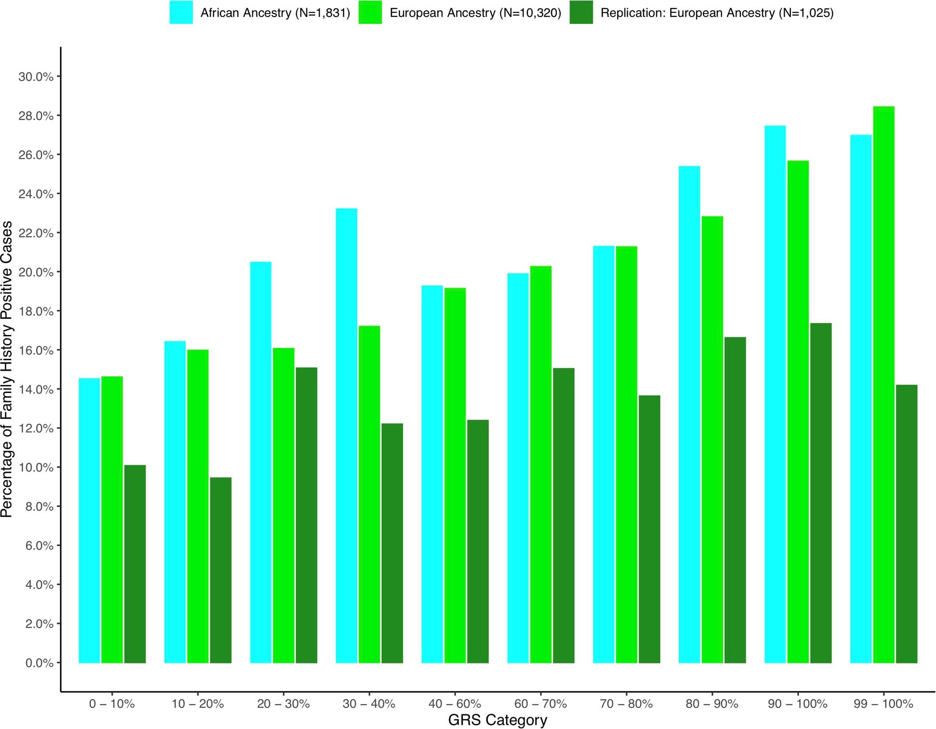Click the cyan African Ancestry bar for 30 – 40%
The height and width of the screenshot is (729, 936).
[346, 436]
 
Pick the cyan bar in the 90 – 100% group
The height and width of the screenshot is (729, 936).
[775, 394]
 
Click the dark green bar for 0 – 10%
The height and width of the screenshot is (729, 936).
[135, 564]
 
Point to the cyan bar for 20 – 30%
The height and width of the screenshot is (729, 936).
[261, 463]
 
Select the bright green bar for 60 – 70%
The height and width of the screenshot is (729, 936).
[541, 464]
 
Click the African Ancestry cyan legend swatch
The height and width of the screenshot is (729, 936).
[181, 12]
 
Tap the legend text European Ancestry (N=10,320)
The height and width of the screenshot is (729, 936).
[475, 13]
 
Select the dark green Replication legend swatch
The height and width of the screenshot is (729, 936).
[581, 12]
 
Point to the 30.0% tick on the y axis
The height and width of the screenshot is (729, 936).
[35, 77]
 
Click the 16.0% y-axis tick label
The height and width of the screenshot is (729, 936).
[35, 350]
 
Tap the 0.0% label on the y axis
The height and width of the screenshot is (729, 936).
[39, 663]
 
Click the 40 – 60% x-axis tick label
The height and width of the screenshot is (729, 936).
[454, 703]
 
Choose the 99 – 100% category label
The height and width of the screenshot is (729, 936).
[883, 703]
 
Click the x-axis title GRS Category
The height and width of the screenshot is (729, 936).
[497, 720]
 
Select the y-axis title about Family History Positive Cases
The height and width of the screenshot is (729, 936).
[7, 369]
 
